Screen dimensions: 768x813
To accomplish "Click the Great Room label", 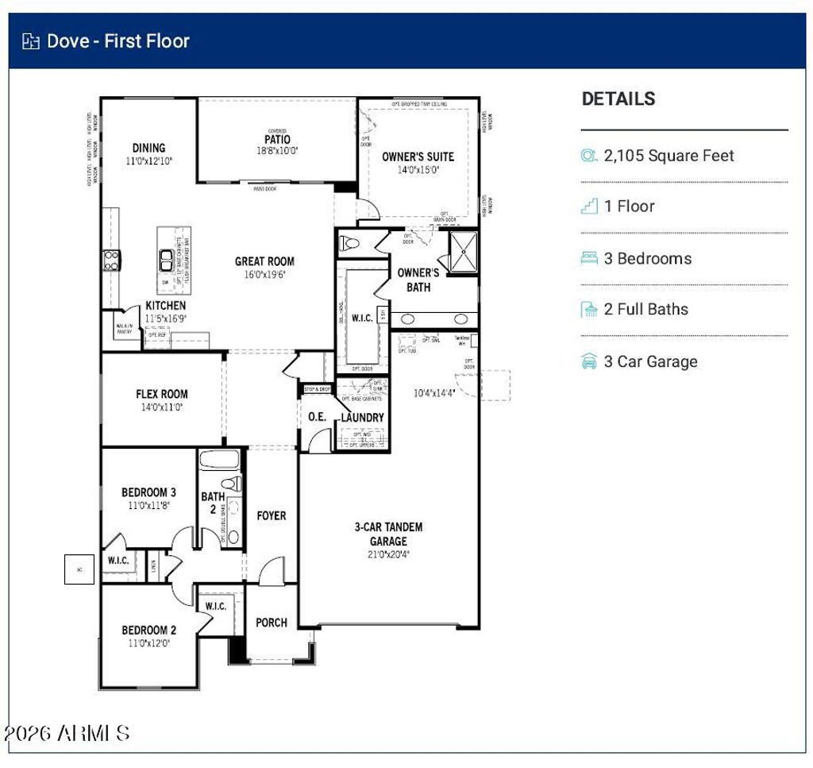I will (x=264, y=261).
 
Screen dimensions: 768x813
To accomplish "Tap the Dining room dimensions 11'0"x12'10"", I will (x=149, y=160).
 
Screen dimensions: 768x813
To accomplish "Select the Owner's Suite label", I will (x=418, y=156).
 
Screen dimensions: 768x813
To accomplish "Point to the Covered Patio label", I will (x=277, y=140).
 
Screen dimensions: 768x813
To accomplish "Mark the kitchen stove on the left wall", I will (x=110, y=260).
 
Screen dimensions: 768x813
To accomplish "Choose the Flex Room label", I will (x=162, y=394).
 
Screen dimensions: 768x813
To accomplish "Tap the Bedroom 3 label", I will (x=148, y=492).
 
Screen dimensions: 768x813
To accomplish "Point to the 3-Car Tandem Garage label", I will (x=388, y=534).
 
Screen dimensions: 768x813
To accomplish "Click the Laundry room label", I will (x=362, y=418).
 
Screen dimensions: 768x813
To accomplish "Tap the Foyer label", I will (x=272, y=516).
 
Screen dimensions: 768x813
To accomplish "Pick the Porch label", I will (x=272, y=623).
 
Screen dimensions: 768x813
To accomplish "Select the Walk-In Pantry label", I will (x=125, y=329).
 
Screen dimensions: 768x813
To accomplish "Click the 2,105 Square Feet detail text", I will (x=669, y=156).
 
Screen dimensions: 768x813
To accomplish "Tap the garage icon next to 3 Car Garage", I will (x=589, y=361).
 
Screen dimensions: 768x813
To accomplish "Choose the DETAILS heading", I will (x=618, y=99).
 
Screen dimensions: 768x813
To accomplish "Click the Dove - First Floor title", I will (x=118, y=41).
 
